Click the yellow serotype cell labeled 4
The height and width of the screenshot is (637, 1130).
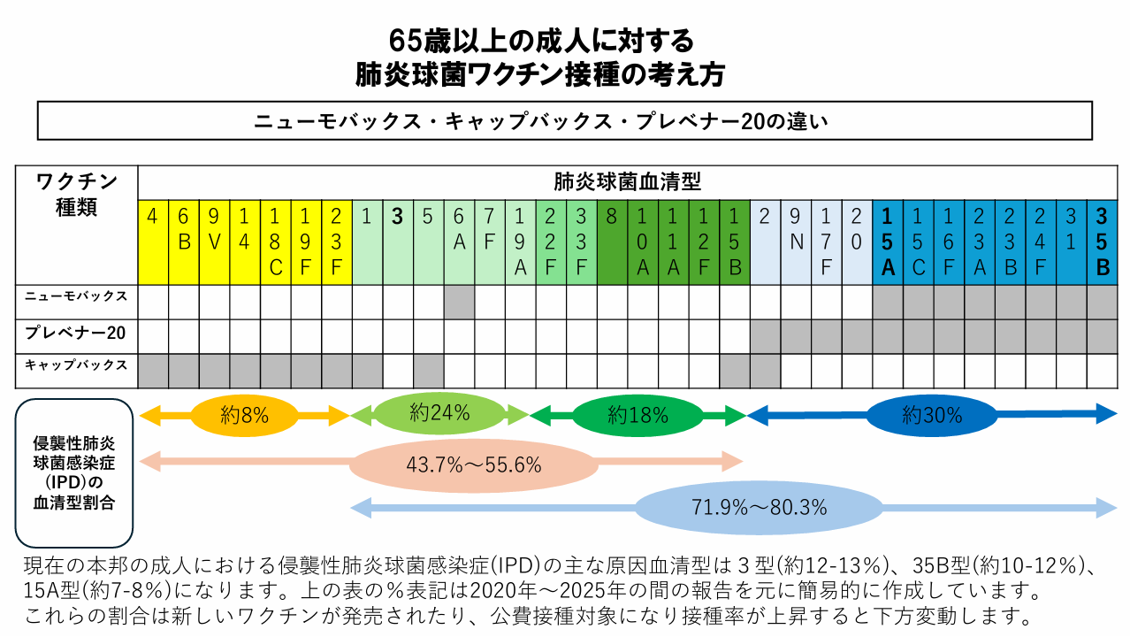153,242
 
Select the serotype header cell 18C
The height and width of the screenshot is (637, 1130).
275,242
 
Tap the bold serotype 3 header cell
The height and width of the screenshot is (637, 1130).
397,242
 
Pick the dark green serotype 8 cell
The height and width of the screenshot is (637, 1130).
611,242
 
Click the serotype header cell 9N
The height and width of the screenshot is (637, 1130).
795,242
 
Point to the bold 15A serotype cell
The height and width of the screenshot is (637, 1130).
887,242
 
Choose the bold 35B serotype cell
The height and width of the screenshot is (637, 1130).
1102,242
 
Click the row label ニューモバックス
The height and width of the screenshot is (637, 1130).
77,297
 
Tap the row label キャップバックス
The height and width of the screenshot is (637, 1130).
77,365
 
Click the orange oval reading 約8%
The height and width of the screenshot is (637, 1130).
244,414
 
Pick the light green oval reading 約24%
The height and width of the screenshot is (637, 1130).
439,412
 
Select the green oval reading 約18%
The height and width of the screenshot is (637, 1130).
638,414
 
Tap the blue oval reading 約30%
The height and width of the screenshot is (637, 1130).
932,414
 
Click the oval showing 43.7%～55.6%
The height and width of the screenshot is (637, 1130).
473,463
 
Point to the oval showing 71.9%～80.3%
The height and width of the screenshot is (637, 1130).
759,508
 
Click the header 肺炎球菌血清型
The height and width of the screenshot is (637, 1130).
627,182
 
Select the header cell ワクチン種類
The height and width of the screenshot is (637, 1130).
77,196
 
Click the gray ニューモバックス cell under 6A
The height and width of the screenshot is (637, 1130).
459,302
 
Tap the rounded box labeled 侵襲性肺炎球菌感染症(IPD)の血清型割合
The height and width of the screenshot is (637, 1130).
74,472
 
